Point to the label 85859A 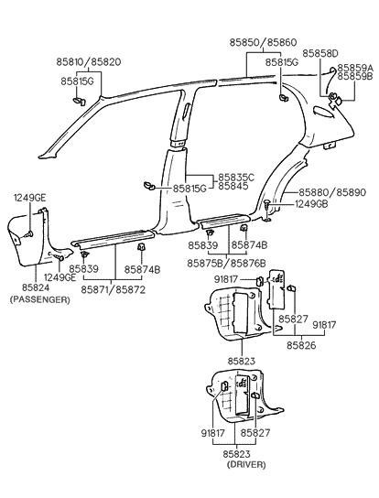coord(355,68)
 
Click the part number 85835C coord(237,177)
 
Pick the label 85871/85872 coord(114,289)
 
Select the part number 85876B coord(247,263)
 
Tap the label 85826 coord(301,346)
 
